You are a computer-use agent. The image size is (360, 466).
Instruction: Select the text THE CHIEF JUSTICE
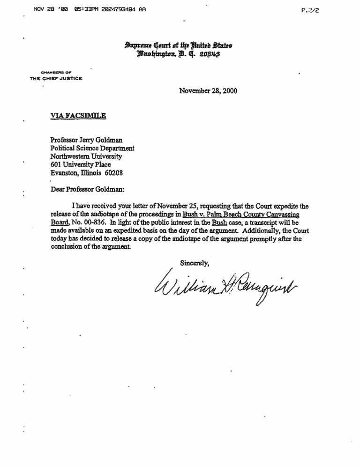(x=56, y=78)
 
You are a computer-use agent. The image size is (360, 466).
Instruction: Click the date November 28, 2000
(x=209, y=91)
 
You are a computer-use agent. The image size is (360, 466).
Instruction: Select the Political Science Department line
(x=92, y=148)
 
